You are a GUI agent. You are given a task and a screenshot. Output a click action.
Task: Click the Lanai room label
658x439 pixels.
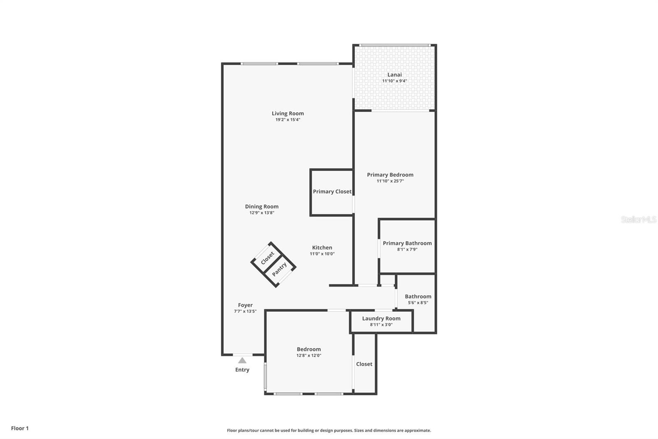point(394,75)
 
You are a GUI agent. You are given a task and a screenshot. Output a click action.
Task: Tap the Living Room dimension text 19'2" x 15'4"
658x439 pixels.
point(288,120)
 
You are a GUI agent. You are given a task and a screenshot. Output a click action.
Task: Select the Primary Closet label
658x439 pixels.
point(332,191)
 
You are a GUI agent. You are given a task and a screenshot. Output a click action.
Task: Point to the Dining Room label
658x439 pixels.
point(262,207)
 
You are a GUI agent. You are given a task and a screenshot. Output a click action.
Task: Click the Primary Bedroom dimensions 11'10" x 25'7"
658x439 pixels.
point(390,181)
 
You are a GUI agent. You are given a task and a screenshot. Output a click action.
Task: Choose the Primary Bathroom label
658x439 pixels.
point(407,243)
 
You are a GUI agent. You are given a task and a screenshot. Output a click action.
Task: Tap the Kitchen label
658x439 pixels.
point(322,248)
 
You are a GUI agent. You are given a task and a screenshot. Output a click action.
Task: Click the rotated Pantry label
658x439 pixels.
point(279,269)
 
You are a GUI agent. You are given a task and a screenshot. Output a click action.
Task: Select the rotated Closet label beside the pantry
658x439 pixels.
point(267,258)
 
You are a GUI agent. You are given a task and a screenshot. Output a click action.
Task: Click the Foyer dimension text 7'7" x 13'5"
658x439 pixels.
point(245,311)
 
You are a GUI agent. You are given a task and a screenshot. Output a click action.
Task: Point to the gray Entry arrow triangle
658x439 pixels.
point(242,360)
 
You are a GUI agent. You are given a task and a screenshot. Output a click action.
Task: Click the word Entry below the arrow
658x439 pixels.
point(242,370)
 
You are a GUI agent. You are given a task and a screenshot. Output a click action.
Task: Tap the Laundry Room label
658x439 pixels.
point(381,318)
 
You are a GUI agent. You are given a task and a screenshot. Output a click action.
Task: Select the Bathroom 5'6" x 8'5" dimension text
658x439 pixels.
point(418,303)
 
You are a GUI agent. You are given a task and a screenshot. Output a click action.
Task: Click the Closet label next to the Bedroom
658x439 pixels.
point(364,364)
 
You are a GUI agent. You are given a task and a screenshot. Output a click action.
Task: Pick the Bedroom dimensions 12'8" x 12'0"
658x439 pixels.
point(308,355)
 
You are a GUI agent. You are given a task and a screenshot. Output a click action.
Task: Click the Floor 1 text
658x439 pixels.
point(20,428)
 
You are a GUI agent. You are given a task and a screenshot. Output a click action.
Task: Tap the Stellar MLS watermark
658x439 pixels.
point(638,220)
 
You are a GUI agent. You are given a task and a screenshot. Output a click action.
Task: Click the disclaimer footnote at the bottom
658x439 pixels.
point(329,430)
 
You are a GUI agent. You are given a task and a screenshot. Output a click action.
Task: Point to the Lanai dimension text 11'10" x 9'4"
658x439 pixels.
point(394,81)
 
